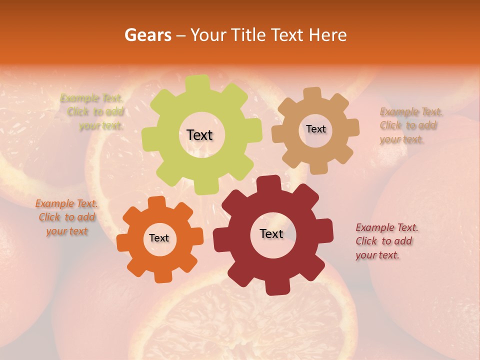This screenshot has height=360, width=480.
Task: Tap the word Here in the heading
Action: coord(328,35)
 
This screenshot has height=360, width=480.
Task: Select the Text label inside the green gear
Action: coord(199,135)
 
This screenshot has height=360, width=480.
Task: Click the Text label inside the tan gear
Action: coord(315,129)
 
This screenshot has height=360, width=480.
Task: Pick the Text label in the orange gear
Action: coord(159,238)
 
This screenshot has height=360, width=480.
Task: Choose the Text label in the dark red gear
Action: coord(271,234)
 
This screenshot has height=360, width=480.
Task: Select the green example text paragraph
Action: coord(93,112)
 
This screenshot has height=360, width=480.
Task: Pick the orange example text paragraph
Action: coord(66,217)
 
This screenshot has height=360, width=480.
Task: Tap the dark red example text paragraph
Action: coord(387,241)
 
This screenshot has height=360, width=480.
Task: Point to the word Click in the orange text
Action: coord(49,217)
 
